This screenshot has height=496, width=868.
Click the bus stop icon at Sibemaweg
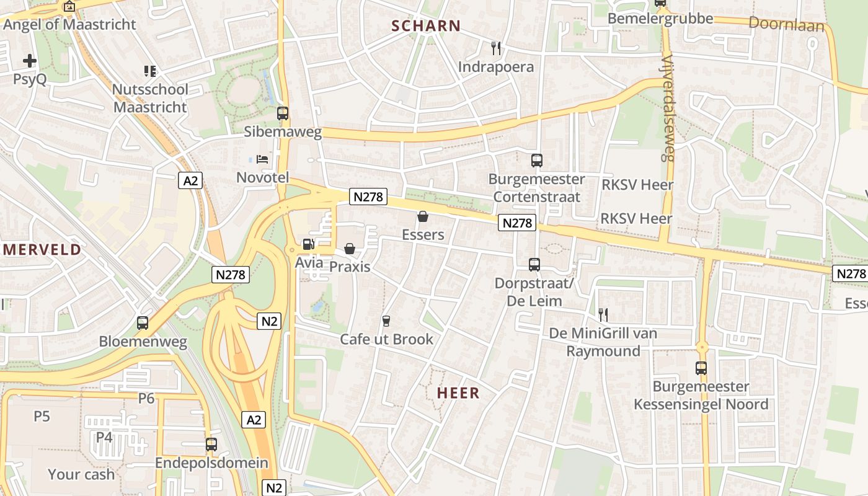[283, 113]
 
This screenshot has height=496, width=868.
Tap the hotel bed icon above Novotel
[262, 159]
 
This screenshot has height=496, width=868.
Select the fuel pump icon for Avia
[308, 244]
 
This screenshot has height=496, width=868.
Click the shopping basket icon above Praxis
[350, 249]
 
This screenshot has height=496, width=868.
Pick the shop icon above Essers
[423, 216]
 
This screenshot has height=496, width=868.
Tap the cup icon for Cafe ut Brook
[386, 321]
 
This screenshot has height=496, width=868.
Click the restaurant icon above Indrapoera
[495, 48]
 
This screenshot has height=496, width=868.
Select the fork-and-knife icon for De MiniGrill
[603, 315]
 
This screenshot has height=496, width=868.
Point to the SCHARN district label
[426, 26]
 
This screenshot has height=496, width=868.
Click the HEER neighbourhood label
[458, 393]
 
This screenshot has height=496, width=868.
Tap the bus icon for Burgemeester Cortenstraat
[537, 161]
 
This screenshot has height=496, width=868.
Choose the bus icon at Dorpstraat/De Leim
[534, 265]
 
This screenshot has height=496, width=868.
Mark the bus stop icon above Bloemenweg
[143, 323]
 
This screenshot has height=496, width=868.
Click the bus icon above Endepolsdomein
[211, 445]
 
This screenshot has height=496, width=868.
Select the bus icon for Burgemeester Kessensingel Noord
[701, 368]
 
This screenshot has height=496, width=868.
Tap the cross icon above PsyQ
[30, 61]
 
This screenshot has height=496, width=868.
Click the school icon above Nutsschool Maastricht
[149, 71]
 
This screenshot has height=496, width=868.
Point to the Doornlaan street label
[787, 25]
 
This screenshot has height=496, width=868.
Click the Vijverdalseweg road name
[667, 108]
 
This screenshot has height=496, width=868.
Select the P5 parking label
[42, 416]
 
